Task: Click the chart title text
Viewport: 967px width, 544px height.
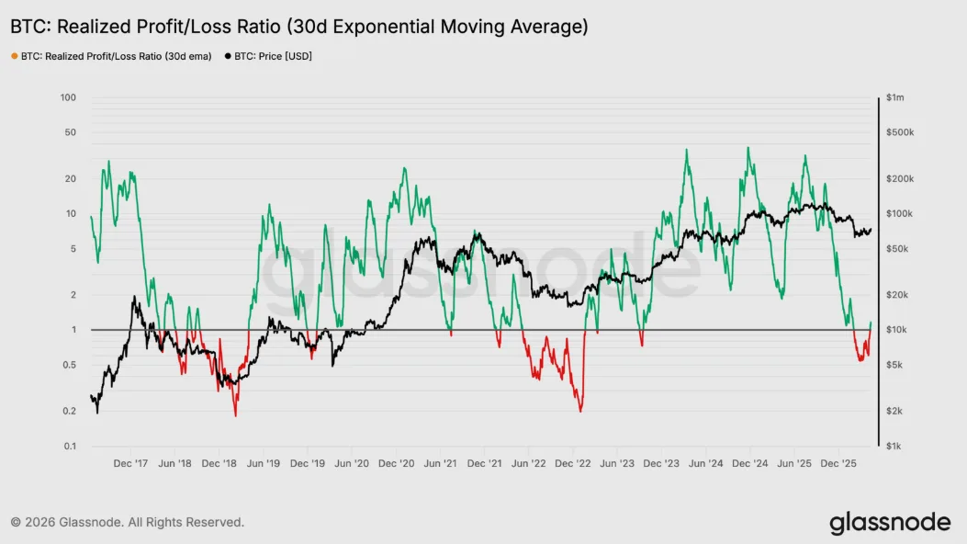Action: [298, 27]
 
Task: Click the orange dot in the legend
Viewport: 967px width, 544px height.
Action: [14, 56]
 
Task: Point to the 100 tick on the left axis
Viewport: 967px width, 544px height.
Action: [68, 97]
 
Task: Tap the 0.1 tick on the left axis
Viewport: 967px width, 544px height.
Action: [70, 447]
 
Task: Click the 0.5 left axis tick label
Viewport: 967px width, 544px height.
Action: [70, 365]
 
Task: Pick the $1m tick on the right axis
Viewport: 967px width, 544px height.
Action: [895, 97]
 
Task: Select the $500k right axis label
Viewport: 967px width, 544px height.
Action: [899, 132]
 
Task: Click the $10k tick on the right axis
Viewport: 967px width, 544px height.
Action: [896, 330]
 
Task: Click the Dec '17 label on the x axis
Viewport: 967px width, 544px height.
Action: [130, 465]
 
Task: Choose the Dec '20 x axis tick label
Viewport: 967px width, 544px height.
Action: [397, 465]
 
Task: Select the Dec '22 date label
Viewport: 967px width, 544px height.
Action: [574, 465]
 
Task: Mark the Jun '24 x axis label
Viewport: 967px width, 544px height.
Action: [706, 465]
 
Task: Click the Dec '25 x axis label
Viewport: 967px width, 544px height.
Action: [838, 465]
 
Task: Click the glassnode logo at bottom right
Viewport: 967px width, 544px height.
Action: [890, 523]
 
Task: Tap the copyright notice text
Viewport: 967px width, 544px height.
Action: [128, 522]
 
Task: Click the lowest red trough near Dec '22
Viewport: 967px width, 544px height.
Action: [581, 411]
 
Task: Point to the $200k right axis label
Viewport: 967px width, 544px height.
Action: [899, 178]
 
